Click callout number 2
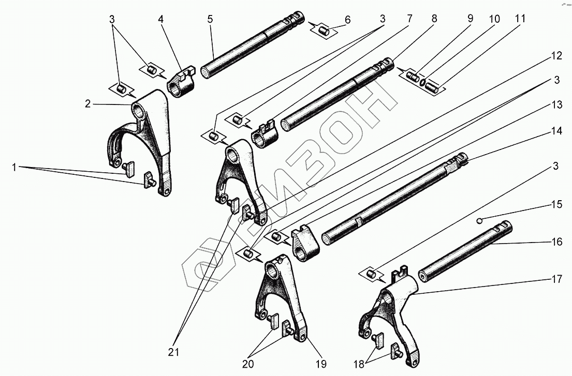pos(88,103)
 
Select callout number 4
pos(161,20)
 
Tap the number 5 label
pos(210,20)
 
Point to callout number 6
pos(347,20)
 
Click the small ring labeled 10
pos(423,82)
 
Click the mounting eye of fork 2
pos(139,110)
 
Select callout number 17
pos(556,280)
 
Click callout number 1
pos(14,167)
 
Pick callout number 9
pos(470,20)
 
